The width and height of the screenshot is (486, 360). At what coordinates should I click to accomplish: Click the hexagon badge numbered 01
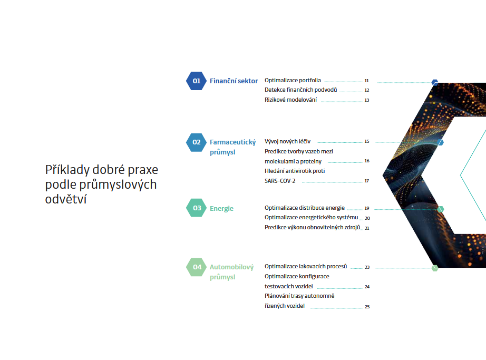[196, 81]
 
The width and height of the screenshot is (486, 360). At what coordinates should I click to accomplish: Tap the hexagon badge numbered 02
[196, 142]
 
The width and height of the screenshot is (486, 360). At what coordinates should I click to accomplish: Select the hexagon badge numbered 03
[196, 208]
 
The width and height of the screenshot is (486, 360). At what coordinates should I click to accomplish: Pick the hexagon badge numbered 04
[196, 267]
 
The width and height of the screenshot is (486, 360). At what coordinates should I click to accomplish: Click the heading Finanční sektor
[234, 81]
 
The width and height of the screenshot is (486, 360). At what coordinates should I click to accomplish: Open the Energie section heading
[221, 209]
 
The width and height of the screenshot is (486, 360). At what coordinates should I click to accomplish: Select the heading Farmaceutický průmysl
[233, 147]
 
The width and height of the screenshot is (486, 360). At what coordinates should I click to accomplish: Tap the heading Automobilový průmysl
[231, 271]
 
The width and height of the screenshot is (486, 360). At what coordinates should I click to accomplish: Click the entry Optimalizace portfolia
[293, 80]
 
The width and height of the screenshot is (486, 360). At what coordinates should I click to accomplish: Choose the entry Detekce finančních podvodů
[300, 90]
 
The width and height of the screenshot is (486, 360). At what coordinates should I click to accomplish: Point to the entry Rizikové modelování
[291, 100]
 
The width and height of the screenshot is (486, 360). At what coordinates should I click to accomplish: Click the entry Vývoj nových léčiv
[287, 142]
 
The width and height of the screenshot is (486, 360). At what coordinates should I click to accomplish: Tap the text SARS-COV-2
[280, 181]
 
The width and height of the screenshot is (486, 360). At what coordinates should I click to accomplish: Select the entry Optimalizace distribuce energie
[305, 208]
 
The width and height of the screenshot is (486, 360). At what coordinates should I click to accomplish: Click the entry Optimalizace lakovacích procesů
[306, 266]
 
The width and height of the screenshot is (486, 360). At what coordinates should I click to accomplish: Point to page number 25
[367, 307]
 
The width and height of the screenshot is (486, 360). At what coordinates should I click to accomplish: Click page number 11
[367, 81]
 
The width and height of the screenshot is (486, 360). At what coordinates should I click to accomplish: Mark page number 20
[367, 218]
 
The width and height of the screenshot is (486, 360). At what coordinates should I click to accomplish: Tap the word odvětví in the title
[66, 199]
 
